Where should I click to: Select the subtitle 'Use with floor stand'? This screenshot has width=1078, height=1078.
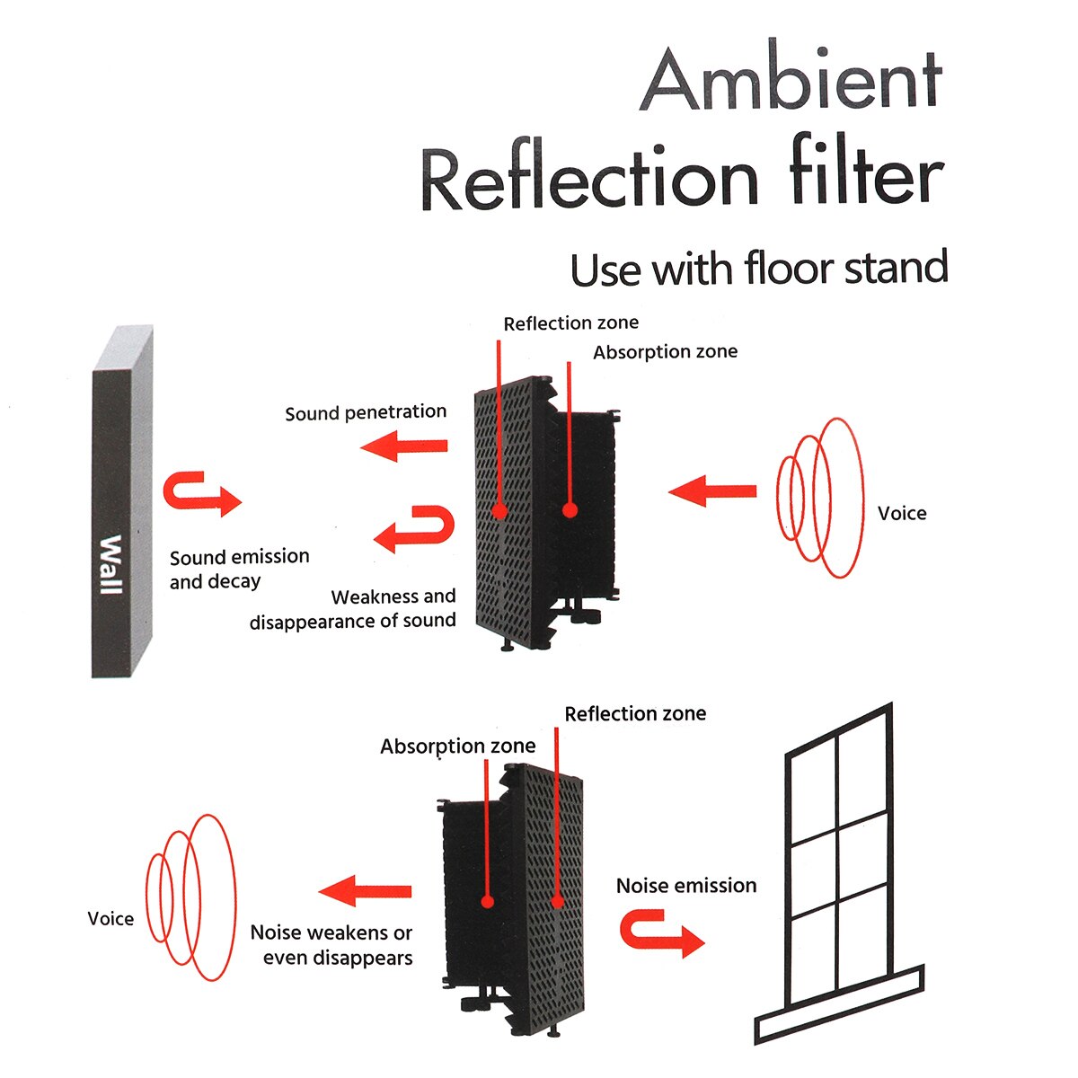click(759, 269)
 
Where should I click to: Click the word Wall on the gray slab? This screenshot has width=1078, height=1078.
click(110, 564)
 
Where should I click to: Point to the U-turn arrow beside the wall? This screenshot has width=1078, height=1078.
click(200, 493)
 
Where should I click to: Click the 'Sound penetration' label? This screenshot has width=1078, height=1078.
click(366, 413)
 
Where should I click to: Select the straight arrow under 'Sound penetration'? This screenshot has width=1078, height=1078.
click(404, 446)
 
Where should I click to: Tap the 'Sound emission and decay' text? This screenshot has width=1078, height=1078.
click(239, 569)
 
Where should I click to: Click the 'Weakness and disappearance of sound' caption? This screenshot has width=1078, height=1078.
click(353, 608)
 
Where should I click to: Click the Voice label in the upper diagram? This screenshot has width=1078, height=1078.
click(902, 514)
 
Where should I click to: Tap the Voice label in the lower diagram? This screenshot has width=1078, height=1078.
click(110, 919)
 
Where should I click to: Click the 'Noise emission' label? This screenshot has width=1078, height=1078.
click(686, 886)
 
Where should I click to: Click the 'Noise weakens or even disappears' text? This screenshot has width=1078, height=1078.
click(332, 945)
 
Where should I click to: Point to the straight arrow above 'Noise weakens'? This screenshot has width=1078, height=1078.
click(365, 891)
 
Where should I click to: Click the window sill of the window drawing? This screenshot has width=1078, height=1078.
click(839, 1004)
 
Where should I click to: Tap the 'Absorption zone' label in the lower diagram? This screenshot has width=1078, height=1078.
click(457, 747)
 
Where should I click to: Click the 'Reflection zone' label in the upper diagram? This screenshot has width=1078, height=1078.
click(570, 323)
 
